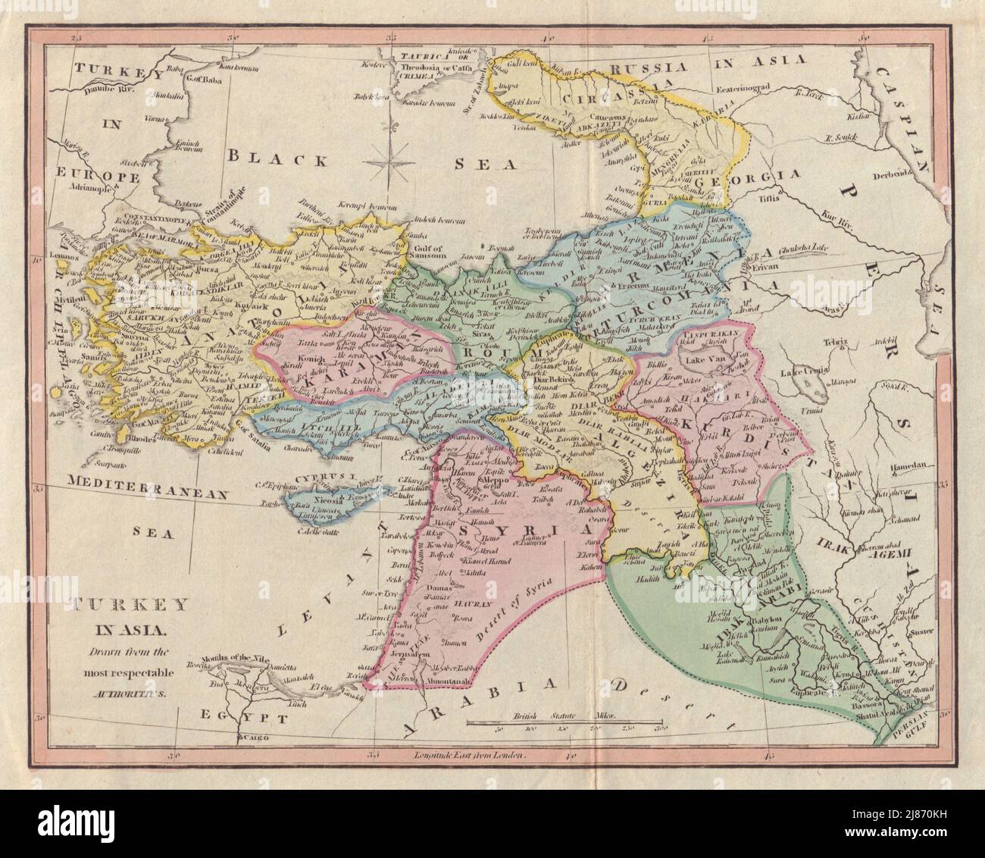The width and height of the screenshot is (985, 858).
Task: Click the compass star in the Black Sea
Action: point(390,159)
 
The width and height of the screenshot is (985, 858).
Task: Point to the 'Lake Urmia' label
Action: point(806,372)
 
